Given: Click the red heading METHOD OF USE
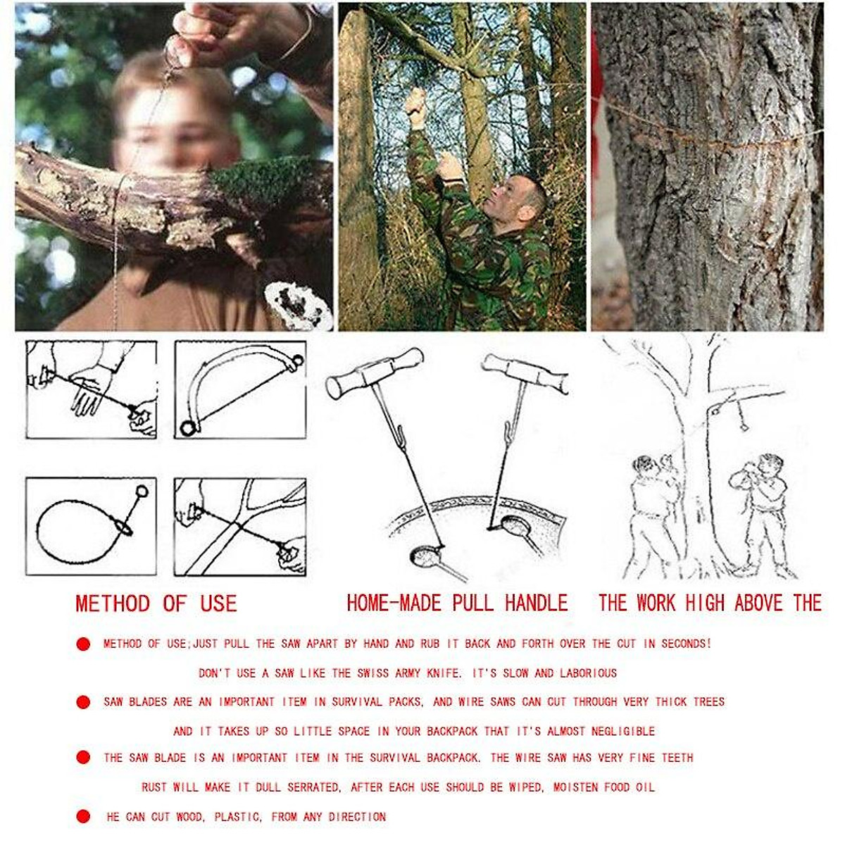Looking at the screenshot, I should [156, 603].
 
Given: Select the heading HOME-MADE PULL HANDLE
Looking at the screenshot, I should [457, 603].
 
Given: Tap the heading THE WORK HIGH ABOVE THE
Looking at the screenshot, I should [710, 603].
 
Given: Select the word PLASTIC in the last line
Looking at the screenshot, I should [237, 817].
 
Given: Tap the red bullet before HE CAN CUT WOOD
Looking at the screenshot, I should [83, 817].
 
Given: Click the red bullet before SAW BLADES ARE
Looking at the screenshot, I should [83, 702].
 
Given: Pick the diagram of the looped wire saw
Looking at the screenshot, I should [91, 525].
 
